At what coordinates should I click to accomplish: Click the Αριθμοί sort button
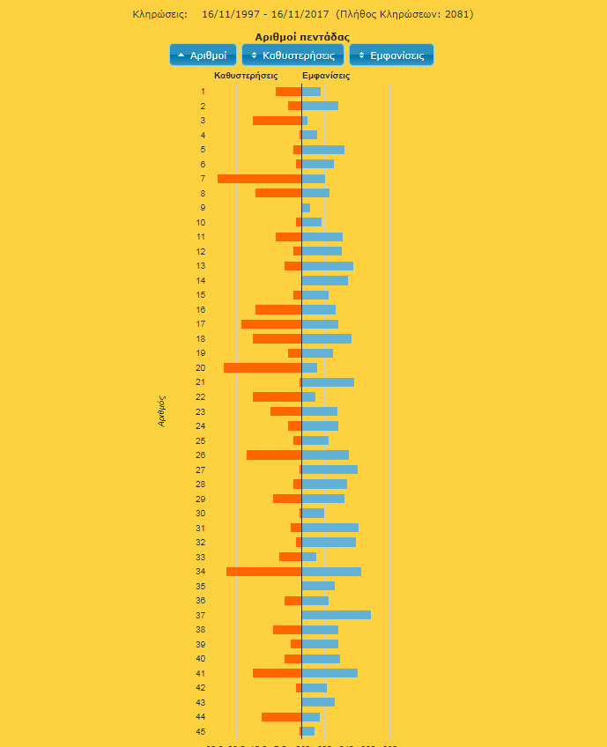pyautogui.click(x=203, y=55)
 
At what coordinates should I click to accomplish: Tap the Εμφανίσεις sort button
pyautogui.click(x=391, y=55)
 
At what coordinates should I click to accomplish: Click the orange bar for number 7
pyautogui.click(x=259, y=179)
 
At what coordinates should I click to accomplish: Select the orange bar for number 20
pyautogui.click(x=263, y=367)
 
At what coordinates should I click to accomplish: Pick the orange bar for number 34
pyautogui.click(x=263, y=572)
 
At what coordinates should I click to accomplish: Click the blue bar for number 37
pyautogui.click(x=337, y=615)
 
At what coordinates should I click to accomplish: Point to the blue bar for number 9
pyautogui.click(x=306, y=208)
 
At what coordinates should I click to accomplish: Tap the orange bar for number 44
pyautogui.click(x=281, y=717)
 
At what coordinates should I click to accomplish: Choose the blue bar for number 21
pyautogui.click(x=328, y=382)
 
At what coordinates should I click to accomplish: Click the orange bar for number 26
pyautogui.click(x=274, y=455)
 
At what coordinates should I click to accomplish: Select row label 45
pyautogui.click(x=201, y=731)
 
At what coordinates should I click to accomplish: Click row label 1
pyautogui.click(x=203, y=92)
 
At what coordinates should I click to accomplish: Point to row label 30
pyautogui.click(x=201, y=513)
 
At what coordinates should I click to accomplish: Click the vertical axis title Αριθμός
pyautogui.click(x=162, y=410)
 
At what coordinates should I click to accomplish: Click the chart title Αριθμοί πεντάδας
pyautogui.click(x=302, y=37)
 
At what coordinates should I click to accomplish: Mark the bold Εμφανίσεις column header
pyautogui.click(x=326, y=76)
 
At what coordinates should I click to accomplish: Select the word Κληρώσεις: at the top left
pyautogui.click(x=160, y=14)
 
